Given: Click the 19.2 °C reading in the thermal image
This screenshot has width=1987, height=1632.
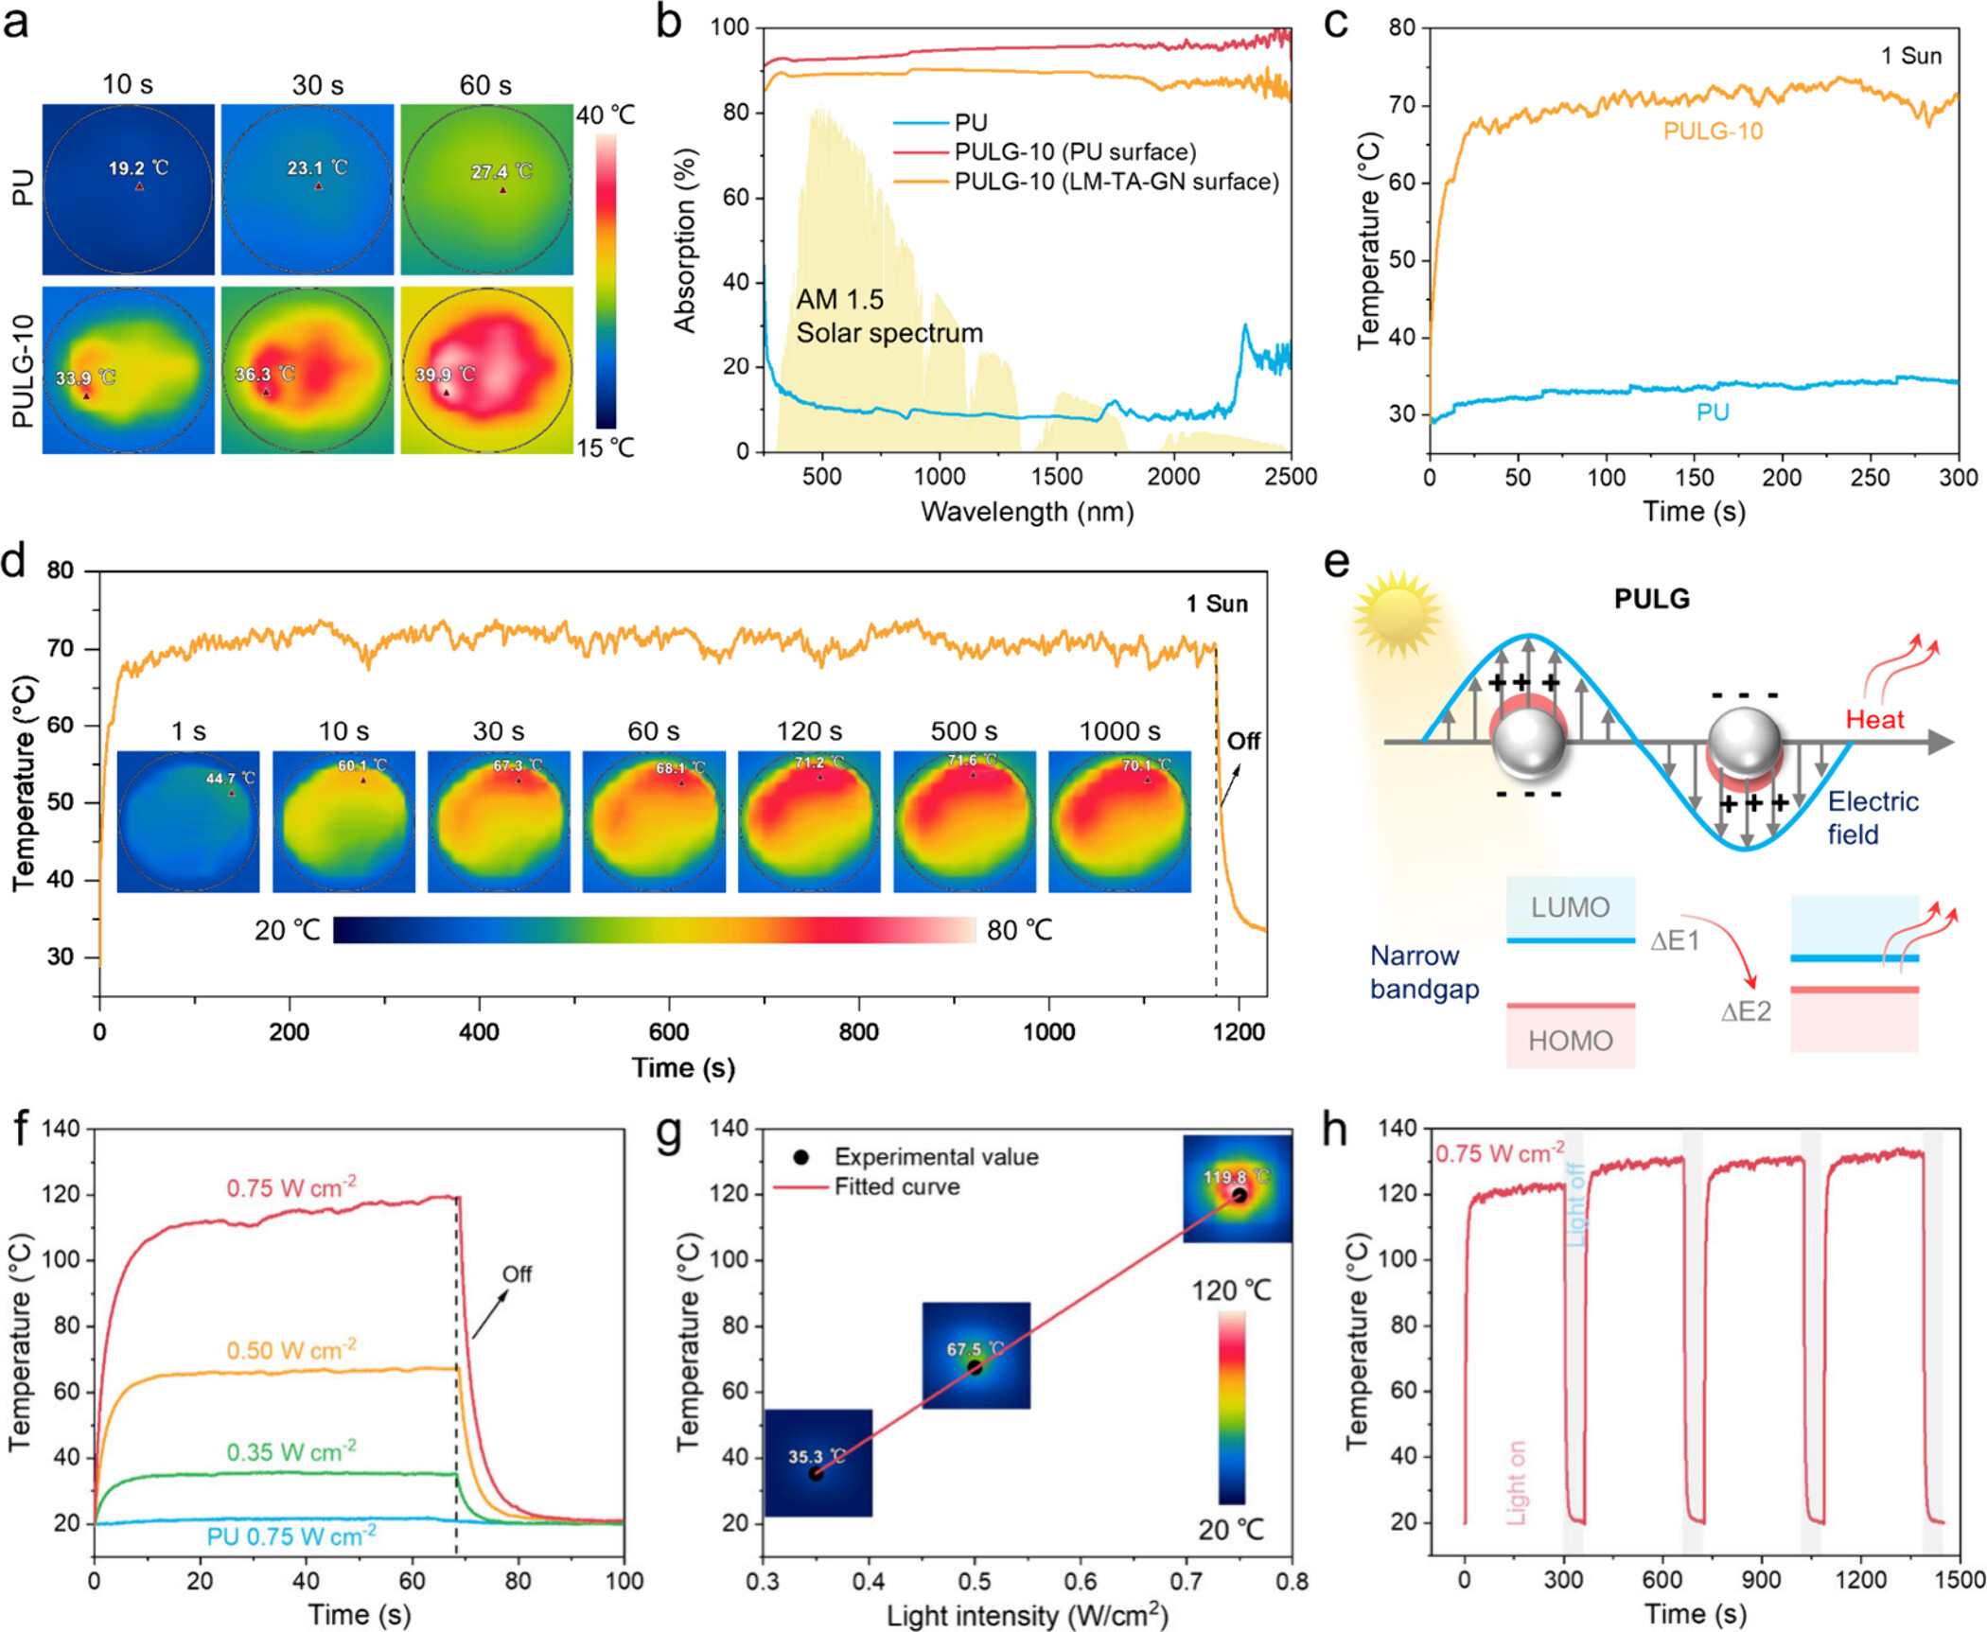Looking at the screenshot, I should pyautogui.click(x=137, y=168).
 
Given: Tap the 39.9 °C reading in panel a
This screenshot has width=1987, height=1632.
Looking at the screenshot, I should pyautogui.click(x=445, y=375).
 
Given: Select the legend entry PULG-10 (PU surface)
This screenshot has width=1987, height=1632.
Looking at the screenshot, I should pyautogui.click(x=1074, y=151).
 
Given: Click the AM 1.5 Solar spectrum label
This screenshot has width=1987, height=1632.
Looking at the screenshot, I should pyautogui.click(x=888, y=316).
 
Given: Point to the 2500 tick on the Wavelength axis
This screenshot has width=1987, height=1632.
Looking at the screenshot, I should pyautogui.click(x=1291, y=476).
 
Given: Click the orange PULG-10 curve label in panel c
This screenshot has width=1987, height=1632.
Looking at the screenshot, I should pyautogui.click(x=1713, y=132).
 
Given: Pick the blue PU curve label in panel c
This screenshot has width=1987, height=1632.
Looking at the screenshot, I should pyautogui.click(x=1713, y=412).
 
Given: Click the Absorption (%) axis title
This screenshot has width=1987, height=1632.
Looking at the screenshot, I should pyautogui.click(x=684, y=240).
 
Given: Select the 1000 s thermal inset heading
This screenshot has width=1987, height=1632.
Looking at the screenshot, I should pyautogui.click(x=1119, y=731).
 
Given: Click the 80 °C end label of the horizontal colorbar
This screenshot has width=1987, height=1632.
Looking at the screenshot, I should pyautogui.click(x=1019, y=930).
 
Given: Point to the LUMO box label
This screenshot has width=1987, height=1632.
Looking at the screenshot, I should pyautogui.click(x=1570, y=907).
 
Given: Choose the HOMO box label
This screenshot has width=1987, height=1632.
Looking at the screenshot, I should pyautogui.click(x=1570, y=1041).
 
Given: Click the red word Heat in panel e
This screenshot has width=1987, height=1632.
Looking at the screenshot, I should pyautogui.click(x=1874, y=720).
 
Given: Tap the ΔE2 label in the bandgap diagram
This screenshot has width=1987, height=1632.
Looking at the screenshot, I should pyautogui.click(x=1745, y=1012).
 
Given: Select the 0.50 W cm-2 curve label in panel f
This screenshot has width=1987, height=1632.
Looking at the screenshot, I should pyautogui.click(x=291, y=1349).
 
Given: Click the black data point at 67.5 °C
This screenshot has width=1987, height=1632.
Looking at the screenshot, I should pyautogui.click(x=975, y=1367).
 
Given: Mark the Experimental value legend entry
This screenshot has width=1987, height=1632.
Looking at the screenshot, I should pyautogui.click(x=935, y=1156).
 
